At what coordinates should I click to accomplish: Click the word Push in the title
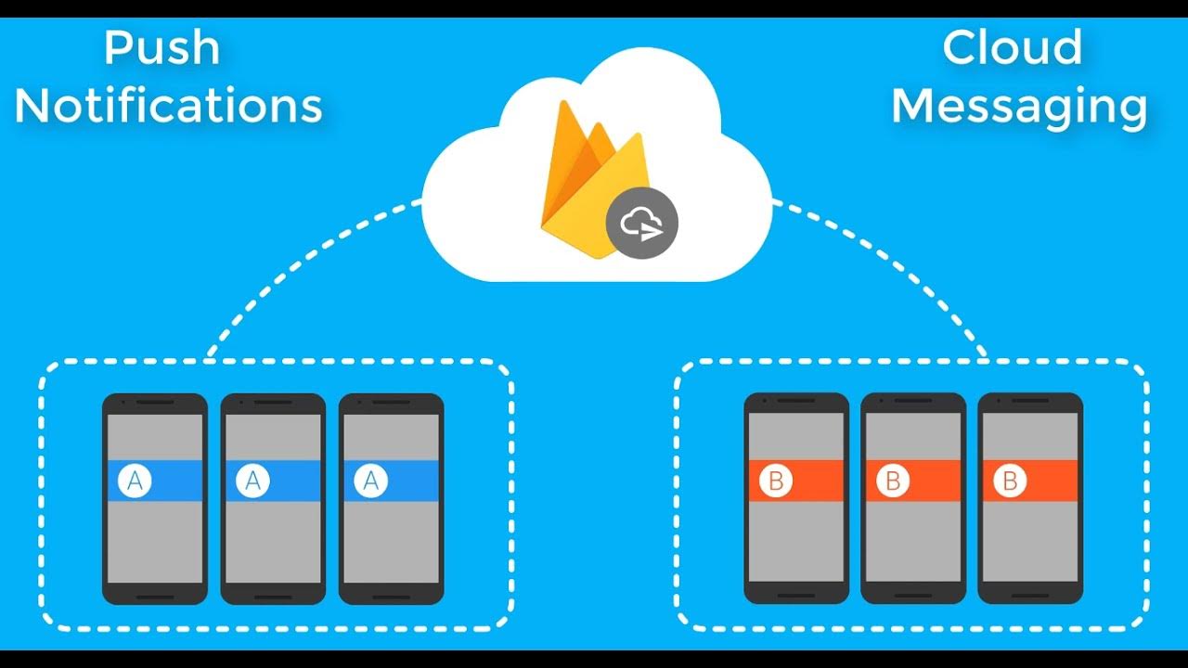161,48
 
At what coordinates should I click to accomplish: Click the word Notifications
168,107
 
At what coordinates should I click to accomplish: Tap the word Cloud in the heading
1012,48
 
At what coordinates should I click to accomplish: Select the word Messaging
1019,107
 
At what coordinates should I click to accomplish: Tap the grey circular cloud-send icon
642,225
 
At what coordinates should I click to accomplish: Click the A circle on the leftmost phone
136,482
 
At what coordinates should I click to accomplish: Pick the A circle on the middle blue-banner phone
253,482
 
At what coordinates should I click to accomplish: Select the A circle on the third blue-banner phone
371,482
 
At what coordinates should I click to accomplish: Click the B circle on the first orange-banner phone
775,482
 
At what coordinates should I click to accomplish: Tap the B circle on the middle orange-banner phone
893,482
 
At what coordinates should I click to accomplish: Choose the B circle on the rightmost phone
1010,482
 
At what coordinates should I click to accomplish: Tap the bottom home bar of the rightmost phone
1030,595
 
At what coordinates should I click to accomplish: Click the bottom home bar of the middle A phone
273,597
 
